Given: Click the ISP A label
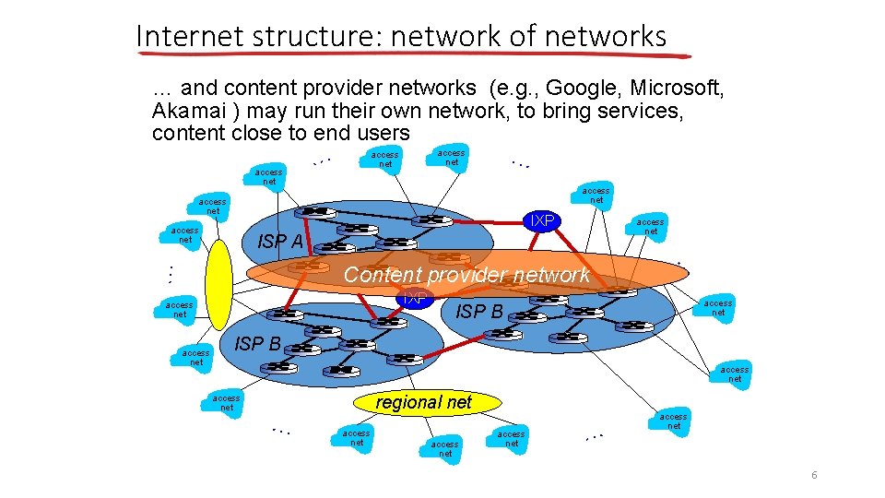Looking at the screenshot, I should pyautogui.click(x=280, y=242).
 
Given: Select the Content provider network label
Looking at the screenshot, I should pyautogui.click(x=466, y=274).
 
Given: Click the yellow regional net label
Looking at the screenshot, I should pyautogui.click(x=424, y=401).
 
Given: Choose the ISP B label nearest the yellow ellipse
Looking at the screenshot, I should pyautogui.click(x=258, y=344).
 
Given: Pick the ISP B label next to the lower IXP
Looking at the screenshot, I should pyautogui.click(x=479, y=312).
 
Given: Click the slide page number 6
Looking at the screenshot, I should pyautogui.click(x=814, y=475).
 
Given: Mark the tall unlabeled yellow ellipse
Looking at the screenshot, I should pyautogui.click(x=219, y=284).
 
